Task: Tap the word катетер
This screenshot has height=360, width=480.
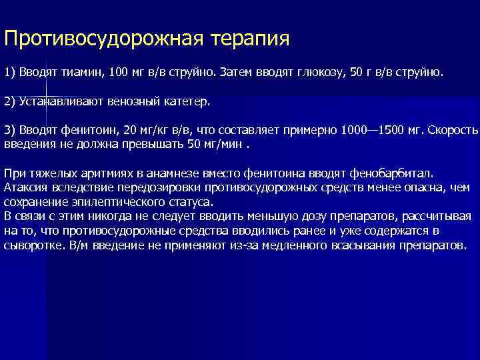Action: point(187,101)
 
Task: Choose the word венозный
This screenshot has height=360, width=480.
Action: point(135,101)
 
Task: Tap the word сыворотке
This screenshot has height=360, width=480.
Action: point(33,245)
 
